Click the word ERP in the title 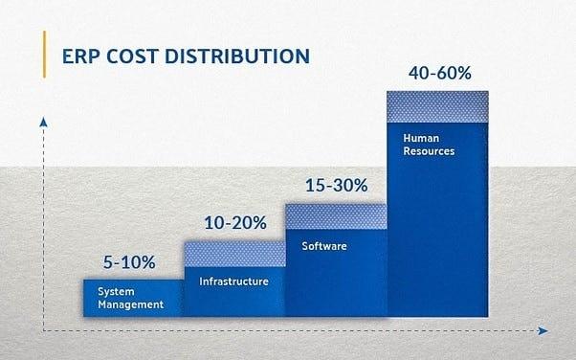81,55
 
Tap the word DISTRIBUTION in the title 238,55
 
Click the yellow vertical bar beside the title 45,52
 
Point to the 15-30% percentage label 337,186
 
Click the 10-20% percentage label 234,222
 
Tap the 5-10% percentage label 128,261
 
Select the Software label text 323,246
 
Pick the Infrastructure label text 233,281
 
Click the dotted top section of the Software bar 336,216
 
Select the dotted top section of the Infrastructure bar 234,253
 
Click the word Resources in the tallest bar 429,151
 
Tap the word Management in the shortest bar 130,304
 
